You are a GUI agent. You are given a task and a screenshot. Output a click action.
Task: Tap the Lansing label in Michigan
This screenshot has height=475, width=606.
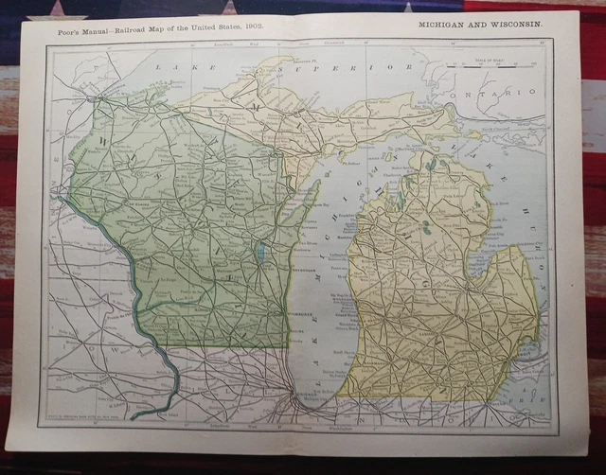point(448,334)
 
